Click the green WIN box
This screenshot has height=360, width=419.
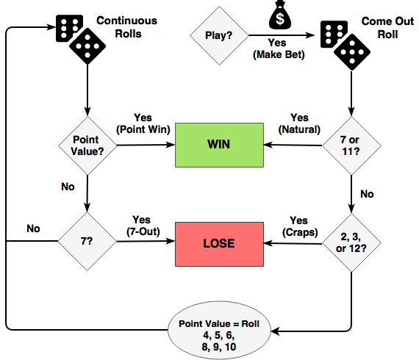click(219, 145)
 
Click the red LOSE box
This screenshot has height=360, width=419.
click(219, 244)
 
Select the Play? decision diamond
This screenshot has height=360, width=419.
click(219, 35)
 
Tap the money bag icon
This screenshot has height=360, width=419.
click(280, 15)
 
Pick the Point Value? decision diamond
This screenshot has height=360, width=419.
click(87, 145)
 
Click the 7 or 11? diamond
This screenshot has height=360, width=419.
click(351, 145)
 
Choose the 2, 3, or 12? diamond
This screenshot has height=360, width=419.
click(351, 242)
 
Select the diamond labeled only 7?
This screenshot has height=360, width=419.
click(87, 241)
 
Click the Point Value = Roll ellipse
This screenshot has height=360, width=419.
click(219, 331)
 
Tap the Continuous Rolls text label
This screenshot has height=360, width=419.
click(127, 27)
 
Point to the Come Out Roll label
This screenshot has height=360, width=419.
click(387, 28)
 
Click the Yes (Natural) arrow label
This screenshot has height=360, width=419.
click(299, 123)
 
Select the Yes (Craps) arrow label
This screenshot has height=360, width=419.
click(300, 226)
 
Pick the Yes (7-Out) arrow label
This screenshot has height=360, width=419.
click(143, 226)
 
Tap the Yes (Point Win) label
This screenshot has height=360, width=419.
click(143, 123)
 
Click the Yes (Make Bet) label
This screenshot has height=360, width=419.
click(279, 48)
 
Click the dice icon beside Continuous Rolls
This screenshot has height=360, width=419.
click(81, 39)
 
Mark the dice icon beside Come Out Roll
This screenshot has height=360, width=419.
click(345, 46)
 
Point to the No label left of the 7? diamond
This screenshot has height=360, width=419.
click(33, 228)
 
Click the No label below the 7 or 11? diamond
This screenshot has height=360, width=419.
click(367, 194)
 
